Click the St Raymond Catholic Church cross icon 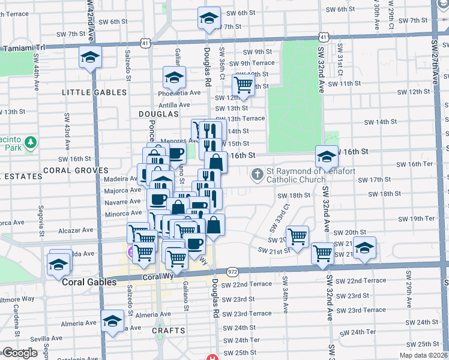pyautogui.click(x=257, y=175)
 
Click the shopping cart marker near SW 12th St pyautogui.click(x=243, y=85)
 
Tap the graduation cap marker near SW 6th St pyautogui.click(x=209, y=18)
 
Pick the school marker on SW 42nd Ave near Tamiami pyautogui.click(x=90, y=58)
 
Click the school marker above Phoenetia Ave pyautogui.click(x=174, y=77)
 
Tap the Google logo pyautogui.click(x=20, y=352)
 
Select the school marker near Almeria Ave pyautogui.click(x=112, y=321)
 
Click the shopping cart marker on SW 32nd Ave pyautogui.click(x=323, y=253)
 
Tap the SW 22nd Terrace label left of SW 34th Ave pyautogui.click(x=252, y=283)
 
